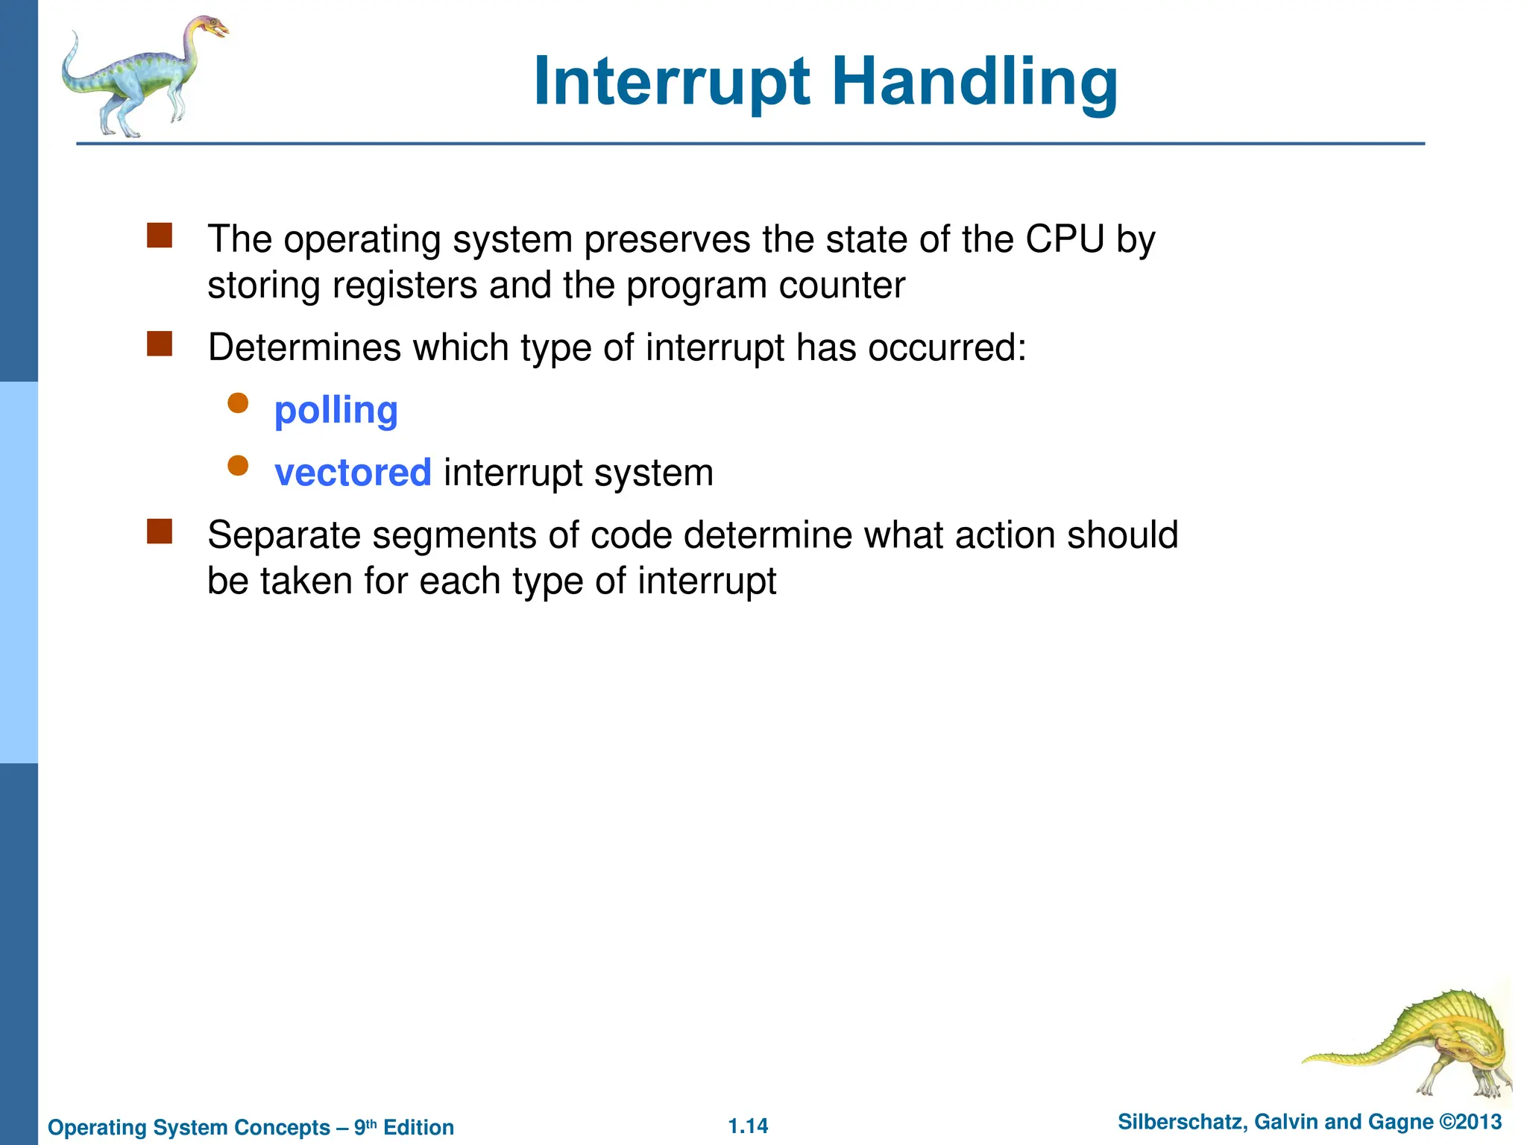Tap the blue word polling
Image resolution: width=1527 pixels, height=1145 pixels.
click(x=336, y=411)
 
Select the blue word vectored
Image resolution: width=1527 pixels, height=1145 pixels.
click(x=353, y=473)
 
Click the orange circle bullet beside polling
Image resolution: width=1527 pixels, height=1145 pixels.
click(x=238, y=403)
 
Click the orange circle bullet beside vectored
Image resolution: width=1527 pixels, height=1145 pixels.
click(x=238, y=466)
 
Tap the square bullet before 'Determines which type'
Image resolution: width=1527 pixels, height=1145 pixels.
click(x=160, y=344)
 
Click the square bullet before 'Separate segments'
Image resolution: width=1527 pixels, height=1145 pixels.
click(x=160, y=532)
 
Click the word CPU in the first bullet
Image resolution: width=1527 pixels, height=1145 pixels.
click(x=1064, y=240)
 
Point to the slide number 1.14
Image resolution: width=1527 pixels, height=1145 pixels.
click(x=748, y=1126)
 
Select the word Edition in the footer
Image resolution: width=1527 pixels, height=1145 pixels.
click(x=418, y=1127)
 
